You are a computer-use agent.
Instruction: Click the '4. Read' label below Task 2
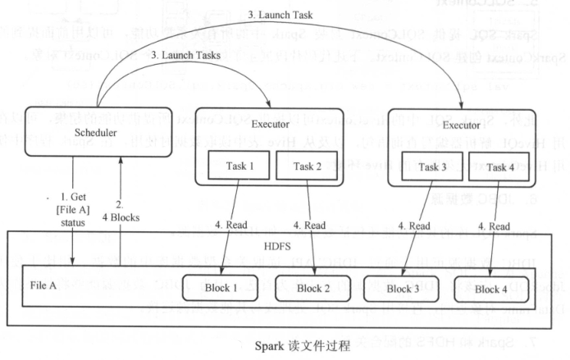point(313,226)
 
